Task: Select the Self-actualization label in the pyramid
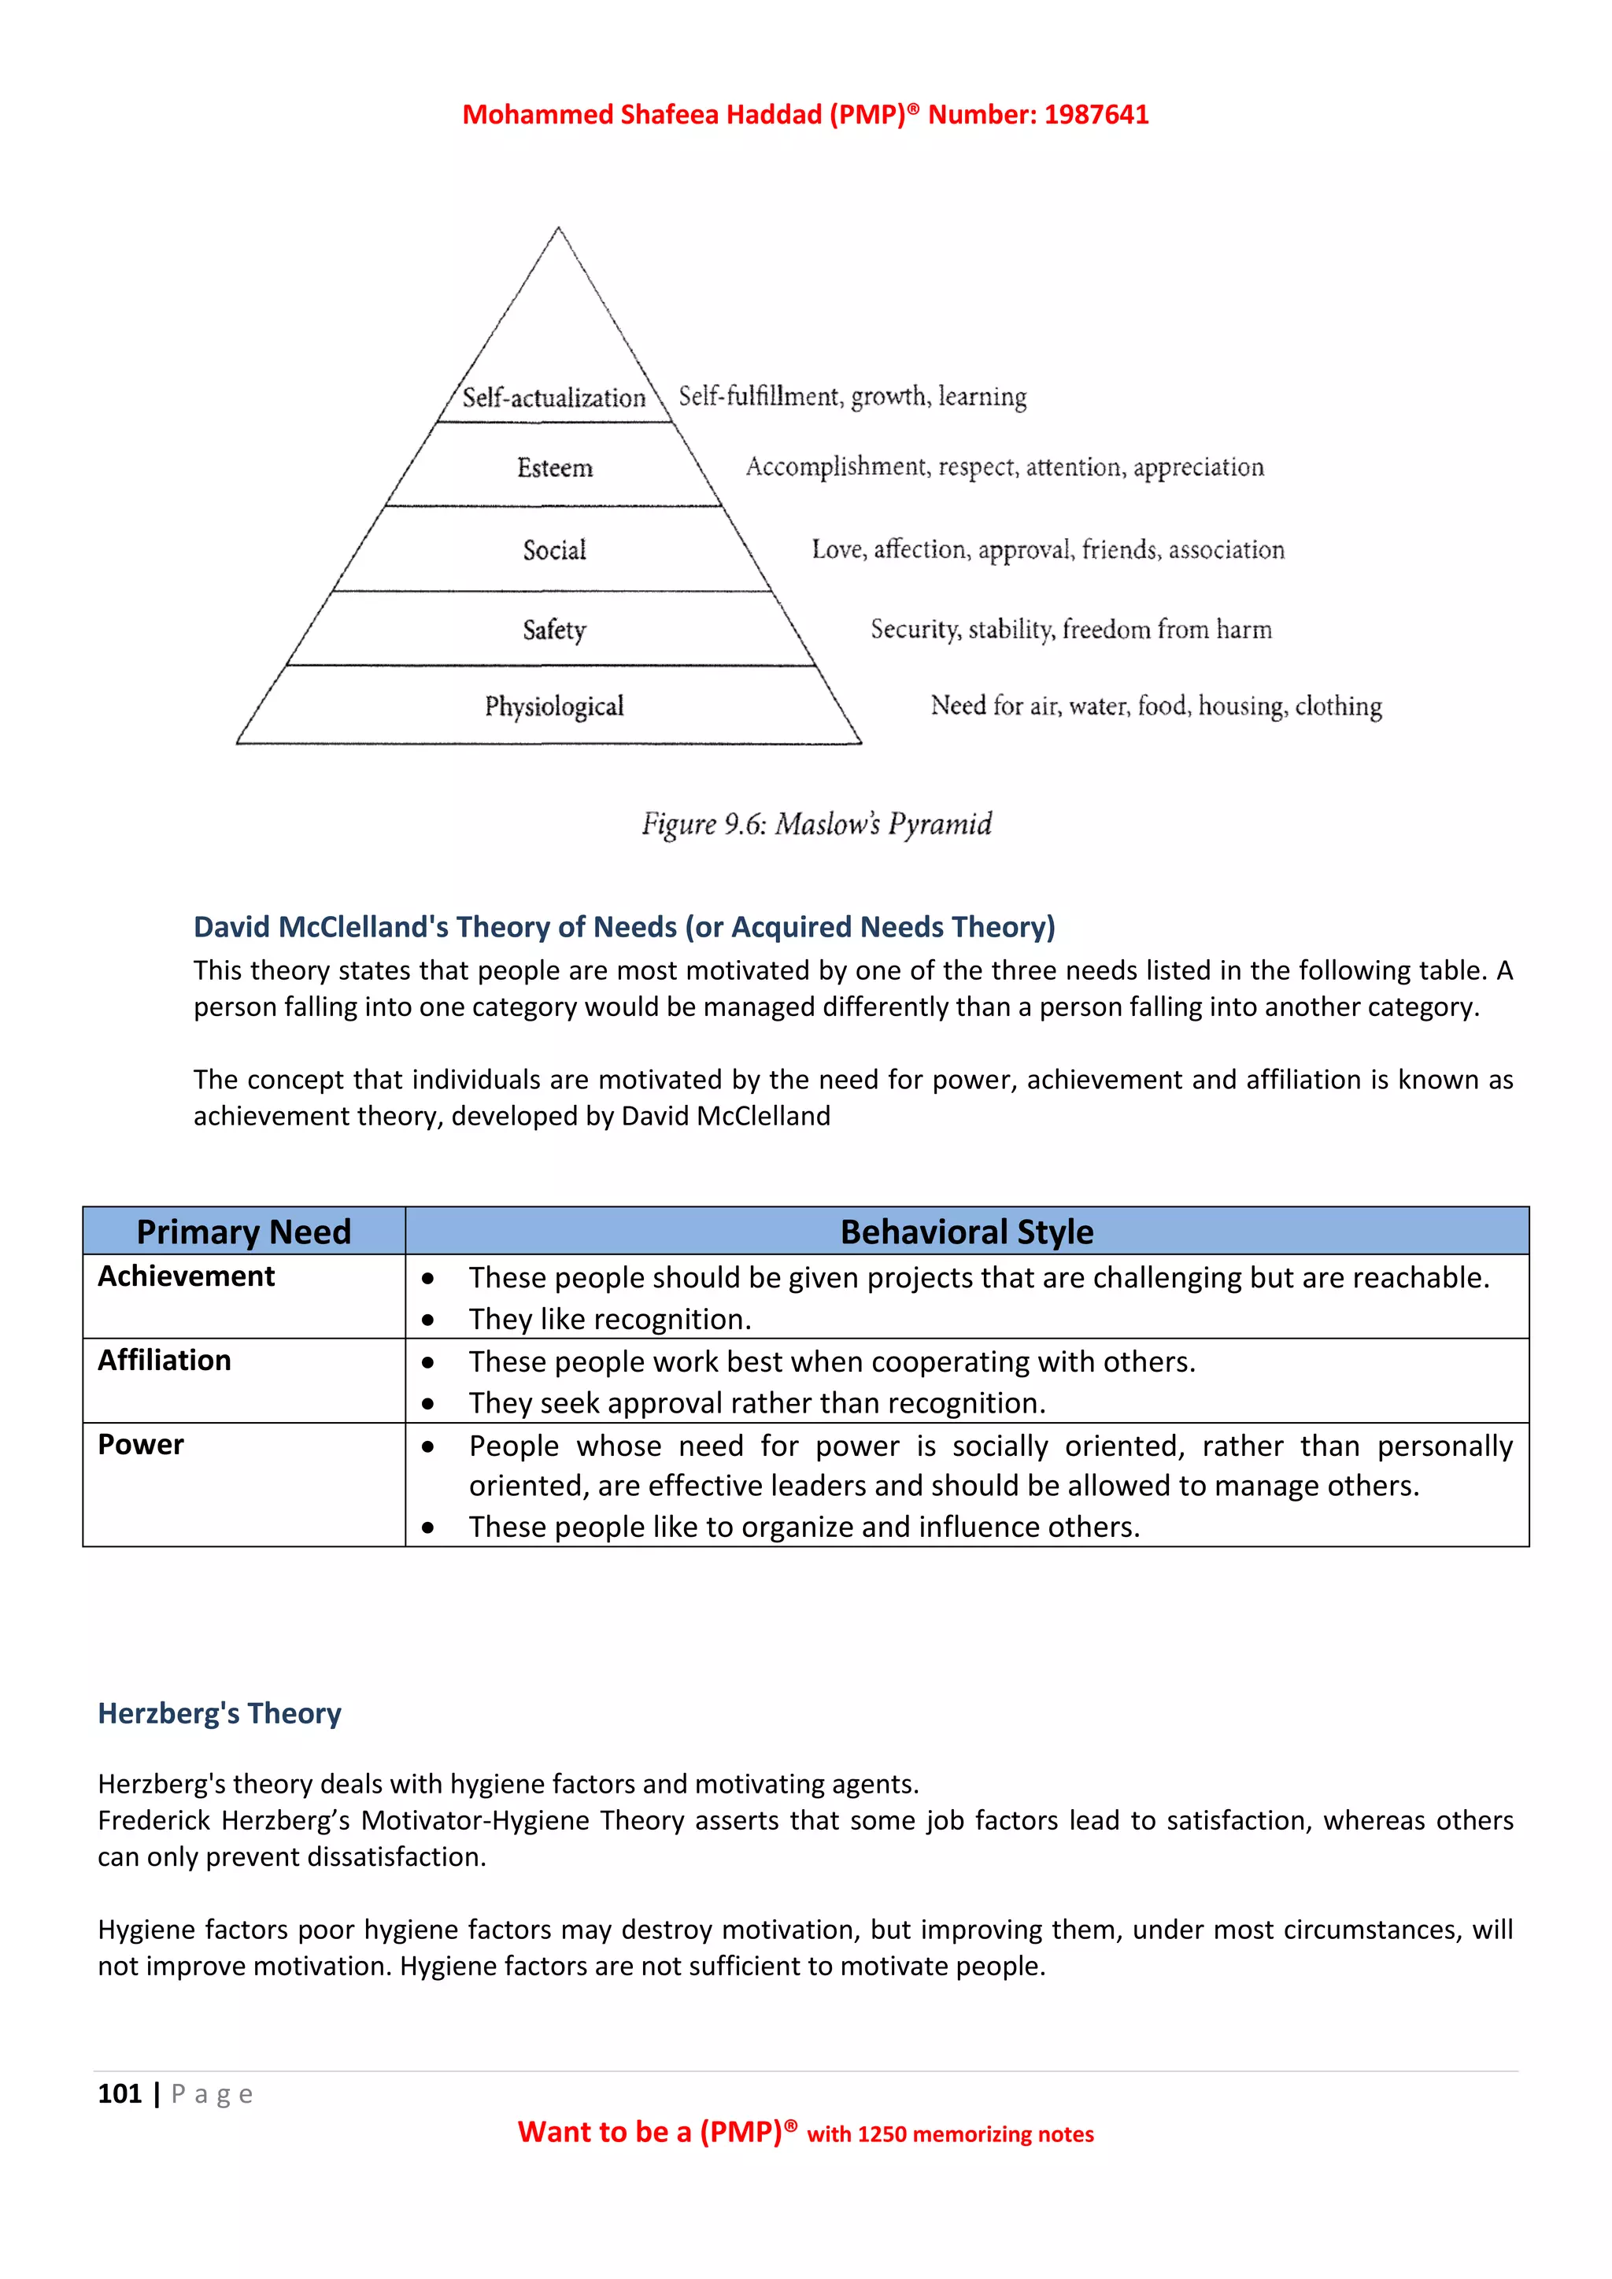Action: click(x=554, y=398)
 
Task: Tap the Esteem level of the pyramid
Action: click(x=555, y=467)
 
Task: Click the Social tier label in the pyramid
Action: click(x=555, y=550)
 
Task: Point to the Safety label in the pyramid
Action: click(x=555, y=630)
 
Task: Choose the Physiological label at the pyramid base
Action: click(x=554, y=706)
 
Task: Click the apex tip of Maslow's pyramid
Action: click(x=558, y=231)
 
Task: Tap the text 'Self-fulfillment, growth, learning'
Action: click(x=852, y=396)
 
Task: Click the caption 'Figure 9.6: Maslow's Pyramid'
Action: click(x=816, y=824)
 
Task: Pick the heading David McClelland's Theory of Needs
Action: click(x=623, y=926)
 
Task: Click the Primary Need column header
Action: click(x=243, y=1232)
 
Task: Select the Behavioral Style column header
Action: click(x=966, y=1232)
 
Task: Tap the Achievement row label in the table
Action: click(x=186, y=1276)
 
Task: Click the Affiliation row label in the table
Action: click(x=164, y=1360)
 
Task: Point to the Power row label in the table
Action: click(x=140, y=1444)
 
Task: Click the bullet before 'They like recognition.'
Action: click(x=428, y=1320)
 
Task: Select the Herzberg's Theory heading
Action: click(x=220, y=1713)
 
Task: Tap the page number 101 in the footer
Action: click(x=119, y=2094)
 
